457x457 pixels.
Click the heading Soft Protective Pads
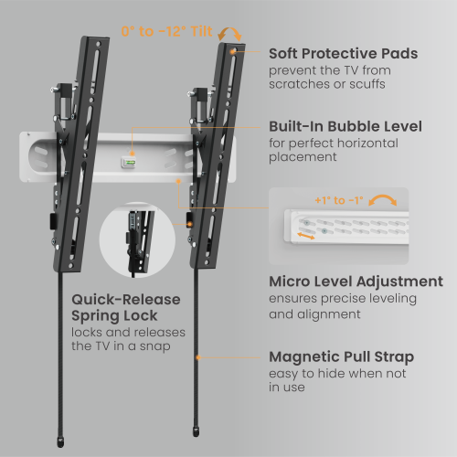click(x=343, y=54)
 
